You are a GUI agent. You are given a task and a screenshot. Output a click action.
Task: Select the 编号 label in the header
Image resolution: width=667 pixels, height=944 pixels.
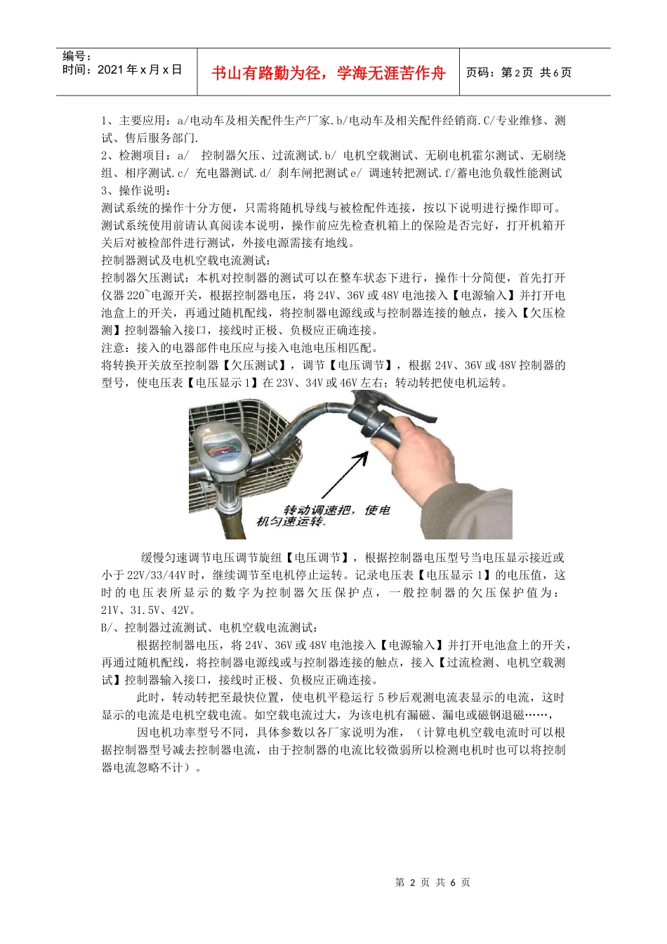77,56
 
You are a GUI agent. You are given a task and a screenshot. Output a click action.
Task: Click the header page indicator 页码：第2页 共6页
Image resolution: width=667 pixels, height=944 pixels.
519,73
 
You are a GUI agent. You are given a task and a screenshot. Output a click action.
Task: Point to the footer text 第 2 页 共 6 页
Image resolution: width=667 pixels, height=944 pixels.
432,882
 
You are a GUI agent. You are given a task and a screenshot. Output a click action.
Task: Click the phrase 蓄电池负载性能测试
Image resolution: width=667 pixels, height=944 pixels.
509,173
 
